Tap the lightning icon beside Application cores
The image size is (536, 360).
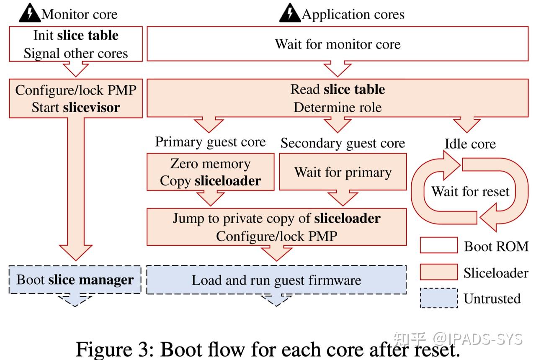pos(290,14)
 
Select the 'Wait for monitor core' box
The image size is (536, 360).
pos(338,44)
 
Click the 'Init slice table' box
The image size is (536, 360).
pos(76,44)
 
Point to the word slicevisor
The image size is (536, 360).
pos(91,108)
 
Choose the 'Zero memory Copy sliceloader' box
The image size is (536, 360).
pos(210,172)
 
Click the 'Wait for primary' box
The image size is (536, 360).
pos(343,172)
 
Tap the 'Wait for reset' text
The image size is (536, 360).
pos(470,192)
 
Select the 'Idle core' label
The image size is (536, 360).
pos(470,144)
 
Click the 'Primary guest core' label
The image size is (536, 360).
pos(210,142)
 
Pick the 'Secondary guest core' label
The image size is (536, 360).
pos(343,143)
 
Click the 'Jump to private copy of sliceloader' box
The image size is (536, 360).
pos(276,227)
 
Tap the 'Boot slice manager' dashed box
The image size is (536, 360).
pos(75,280)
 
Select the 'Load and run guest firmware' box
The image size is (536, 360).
pos(276,280)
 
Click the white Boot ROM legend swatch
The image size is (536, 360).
pos(438,246)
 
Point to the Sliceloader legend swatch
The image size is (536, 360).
pos(438,272)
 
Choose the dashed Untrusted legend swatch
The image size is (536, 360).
pos(438,298)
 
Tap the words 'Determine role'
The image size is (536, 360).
pos(338,108)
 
